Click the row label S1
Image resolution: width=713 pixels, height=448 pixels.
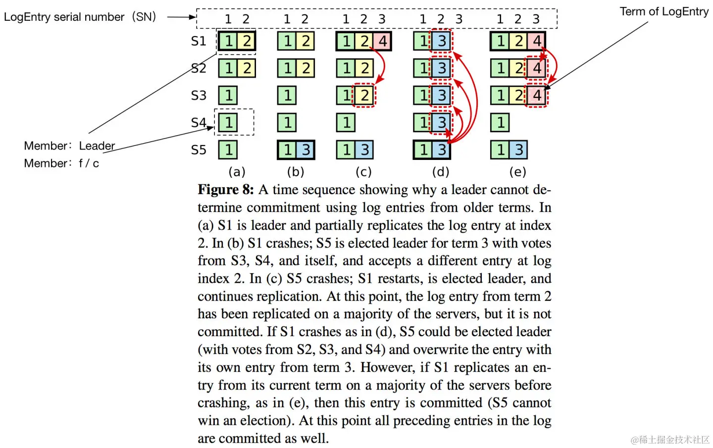click(x=199, y=41)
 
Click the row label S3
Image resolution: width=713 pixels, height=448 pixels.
click(x=199, y=95)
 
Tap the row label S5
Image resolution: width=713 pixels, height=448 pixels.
click(x=199, y=149)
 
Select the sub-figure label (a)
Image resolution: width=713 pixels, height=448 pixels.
click(x=237, y=172)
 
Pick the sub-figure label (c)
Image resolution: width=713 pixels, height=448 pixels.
click(x=363, y=172)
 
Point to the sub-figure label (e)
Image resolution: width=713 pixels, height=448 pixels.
click(x=518, y=172)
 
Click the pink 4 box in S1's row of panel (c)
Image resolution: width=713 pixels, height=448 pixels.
click(x=383, y=41)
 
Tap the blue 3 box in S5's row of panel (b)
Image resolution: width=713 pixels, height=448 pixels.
click(x=306, y=149)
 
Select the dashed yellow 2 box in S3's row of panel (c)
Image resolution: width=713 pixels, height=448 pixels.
click(x=364, y=95)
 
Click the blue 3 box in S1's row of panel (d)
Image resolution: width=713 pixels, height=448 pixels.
click(x=442, y=41)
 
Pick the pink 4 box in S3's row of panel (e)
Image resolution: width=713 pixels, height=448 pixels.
click(x=537, y=95)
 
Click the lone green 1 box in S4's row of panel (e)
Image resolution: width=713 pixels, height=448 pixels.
click(x=500, y=122)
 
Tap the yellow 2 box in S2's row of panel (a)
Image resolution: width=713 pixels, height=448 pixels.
click(x=247, y=68)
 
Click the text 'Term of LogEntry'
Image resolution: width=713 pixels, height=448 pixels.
click(x=664, y=11)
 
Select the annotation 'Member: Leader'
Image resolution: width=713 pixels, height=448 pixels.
click(x=69, y=146)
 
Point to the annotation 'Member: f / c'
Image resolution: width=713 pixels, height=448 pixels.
click(x=61, y=163)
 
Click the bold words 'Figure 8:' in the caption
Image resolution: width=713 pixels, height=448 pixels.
click(x=226, y=190)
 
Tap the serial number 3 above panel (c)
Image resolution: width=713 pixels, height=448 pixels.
click(x=382, y=19)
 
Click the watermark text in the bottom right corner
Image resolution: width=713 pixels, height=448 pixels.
click(x=670, y=440)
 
